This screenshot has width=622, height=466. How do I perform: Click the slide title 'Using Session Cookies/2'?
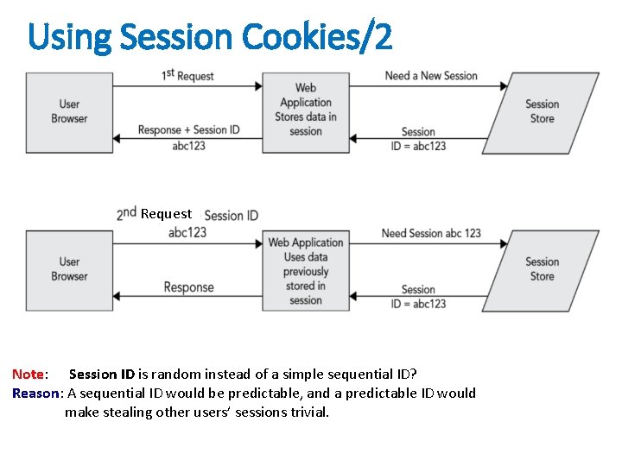coord(210,36)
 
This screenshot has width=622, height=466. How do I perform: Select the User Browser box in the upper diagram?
coord(69,112)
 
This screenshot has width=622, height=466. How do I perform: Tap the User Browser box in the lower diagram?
coord(69,269)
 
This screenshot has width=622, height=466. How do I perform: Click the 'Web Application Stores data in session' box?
coord(305,110)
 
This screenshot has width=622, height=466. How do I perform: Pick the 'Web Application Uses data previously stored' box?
coord(305,271)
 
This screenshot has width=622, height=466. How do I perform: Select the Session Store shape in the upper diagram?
coord(542,112)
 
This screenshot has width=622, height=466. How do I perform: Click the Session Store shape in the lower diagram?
coord(542,269)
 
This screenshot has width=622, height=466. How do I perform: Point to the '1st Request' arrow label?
coord(187,75)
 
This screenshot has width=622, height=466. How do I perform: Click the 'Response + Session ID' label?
coord(188,130)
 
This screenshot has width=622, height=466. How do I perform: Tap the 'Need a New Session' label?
coord(431,75)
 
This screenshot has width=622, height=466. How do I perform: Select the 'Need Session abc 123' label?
coord(431,233)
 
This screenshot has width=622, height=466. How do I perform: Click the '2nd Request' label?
coord(155,213)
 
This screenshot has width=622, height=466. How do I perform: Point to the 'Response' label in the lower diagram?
coord(188,287)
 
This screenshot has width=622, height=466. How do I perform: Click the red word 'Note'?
coord(28,374)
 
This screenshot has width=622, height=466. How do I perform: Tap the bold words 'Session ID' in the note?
coord(101,374)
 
